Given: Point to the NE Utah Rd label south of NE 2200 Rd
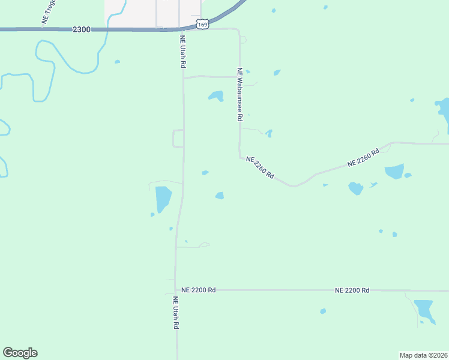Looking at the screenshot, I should [176, 313].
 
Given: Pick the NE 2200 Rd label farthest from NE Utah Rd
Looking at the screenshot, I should [352, 290].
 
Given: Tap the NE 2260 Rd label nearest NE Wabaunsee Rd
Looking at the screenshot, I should [260, 167].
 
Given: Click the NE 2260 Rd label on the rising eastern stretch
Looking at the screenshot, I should [364, 158].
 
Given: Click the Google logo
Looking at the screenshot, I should [20, 353].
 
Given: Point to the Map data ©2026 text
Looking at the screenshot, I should [423, 355].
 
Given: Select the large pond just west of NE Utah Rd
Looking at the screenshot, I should [163, 198].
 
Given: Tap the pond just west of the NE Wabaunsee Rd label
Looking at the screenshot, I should [215, 95].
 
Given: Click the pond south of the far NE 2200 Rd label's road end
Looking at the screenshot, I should [424, 310].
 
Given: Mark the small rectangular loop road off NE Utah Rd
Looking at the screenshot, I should [178, 138].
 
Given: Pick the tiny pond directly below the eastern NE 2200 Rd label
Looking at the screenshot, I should [323, 311].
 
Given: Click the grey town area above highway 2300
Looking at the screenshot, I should [153, 11].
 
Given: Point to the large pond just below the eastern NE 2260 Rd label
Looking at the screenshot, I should [394, 172].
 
